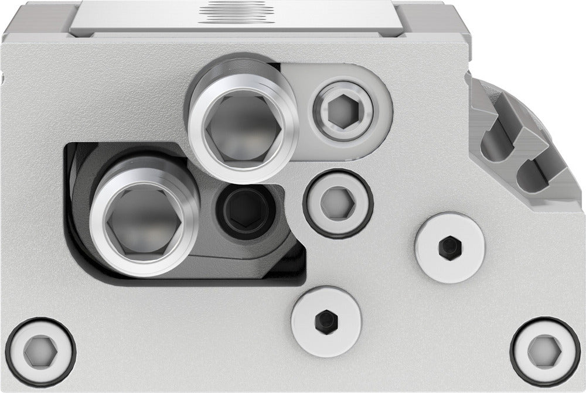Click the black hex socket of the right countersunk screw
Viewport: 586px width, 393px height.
449,247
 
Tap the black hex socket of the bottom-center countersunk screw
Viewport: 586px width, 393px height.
325,320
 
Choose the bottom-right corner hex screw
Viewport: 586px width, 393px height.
545,351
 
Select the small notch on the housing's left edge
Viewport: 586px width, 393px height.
3,76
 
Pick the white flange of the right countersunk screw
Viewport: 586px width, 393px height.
466,258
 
